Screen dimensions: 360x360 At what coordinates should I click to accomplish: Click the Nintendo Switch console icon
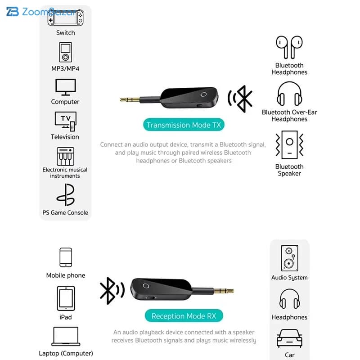65,18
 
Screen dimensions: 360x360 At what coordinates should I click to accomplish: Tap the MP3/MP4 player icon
65,52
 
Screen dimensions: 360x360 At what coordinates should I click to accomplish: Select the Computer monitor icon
65,87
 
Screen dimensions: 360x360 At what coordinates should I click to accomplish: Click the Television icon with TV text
66,121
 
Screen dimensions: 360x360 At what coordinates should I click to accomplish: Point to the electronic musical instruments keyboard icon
65,156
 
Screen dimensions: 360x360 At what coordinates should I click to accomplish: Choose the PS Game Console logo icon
66,195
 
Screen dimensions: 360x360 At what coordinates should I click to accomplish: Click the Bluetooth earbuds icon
289,47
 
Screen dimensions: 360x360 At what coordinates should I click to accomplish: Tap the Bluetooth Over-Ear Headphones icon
289,94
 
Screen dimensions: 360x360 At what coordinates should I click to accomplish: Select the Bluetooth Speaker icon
289,144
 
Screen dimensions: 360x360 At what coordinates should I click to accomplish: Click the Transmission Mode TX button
184,125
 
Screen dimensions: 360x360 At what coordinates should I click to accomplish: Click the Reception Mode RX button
184,316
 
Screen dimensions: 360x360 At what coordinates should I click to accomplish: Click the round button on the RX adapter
146,286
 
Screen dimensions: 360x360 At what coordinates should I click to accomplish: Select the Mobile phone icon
66,257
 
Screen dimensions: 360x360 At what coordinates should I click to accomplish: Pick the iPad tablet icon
66,298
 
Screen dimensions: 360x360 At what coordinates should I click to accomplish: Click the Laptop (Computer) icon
66,336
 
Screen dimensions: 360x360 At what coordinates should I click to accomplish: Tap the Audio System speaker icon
289,258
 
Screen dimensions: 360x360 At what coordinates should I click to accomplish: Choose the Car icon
289,339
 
